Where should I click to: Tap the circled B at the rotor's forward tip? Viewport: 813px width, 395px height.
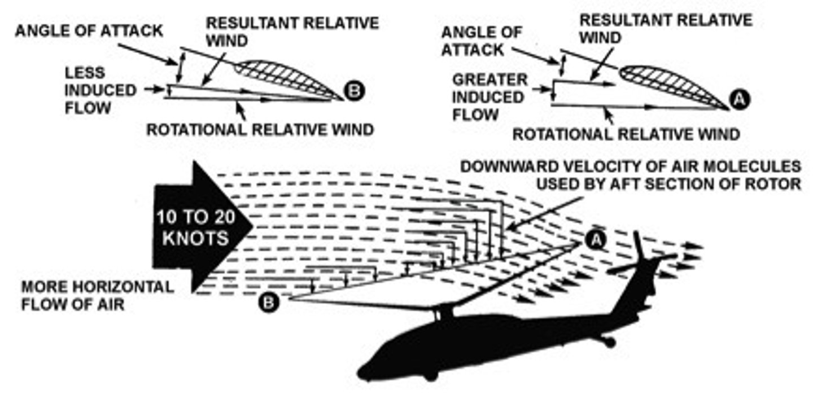(x=269, y=302)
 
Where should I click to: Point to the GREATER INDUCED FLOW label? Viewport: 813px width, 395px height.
(x=488, y=97)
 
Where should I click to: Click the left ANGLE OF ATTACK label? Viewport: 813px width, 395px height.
(x=89, y=30)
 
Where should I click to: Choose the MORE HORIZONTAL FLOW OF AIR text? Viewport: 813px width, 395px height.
(x=97, y=295)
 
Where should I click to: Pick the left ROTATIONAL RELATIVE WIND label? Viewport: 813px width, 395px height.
(x=260, y=130)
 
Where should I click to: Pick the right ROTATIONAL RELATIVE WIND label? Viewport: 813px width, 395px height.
(x=626, y=134)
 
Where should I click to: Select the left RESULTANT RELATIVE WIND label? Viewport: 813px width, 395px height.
(x=291, y=31)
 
